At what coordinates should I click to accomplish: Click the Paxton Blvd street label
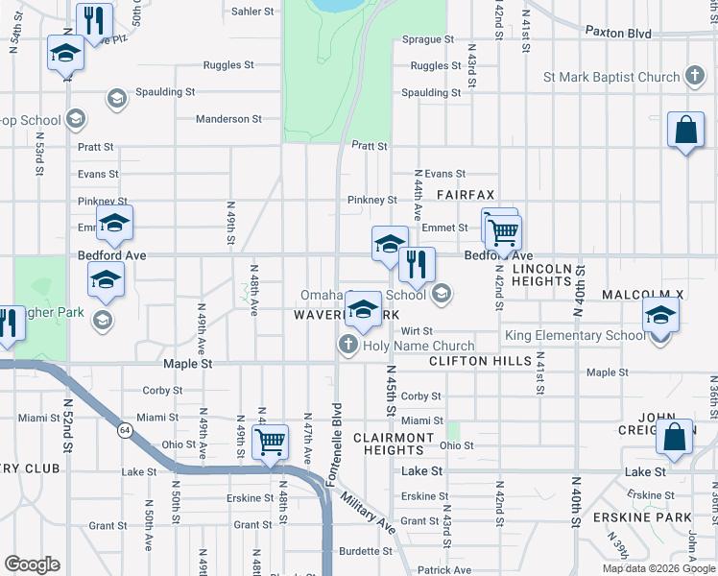[x=618, y=33]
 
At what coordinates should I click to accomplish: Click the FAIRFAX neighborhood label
[x=466, y=194]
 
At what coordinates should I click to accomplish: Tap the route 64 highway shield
[x=126, y=427]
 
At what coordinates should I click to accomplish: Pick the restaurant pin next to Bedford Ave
[x=416, y=264]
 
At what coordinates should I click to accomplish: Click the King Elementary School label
[x=573, y=336]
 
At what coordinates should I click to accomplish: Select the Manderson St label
[x=228, y=119]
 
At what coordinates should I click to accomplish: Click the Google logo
[x=32, y=564]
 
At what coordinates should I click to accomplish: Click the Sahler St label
[x=252, y=12]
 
